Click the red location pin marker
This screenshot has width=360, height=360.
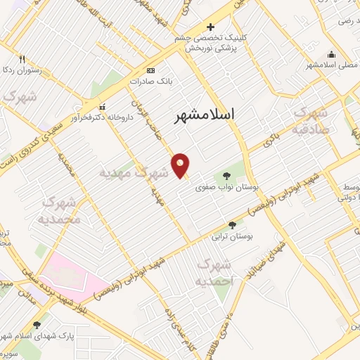click(181, 165)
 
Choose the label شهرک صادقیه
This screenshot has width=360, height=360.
click(309, 120)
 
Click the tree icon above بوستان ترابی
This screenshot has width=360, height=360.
click(231, 225)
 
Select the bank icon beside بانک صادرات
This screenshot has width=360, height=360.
click(150, 71)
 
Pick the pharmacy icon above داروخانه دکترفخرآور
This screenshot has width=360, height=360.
click(103, 107)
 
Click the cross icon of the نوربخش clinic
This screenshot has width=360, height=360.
click(210, 27)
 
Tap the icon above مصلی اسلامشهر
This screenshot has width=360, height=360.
click(331, 56)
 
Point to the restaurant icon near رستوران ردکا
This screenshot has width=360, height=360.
click(22, 59)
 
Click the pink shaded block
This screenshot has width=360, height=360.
click(67, 276)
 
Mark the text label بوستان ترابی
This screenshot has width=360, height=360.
click(231, 237)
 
